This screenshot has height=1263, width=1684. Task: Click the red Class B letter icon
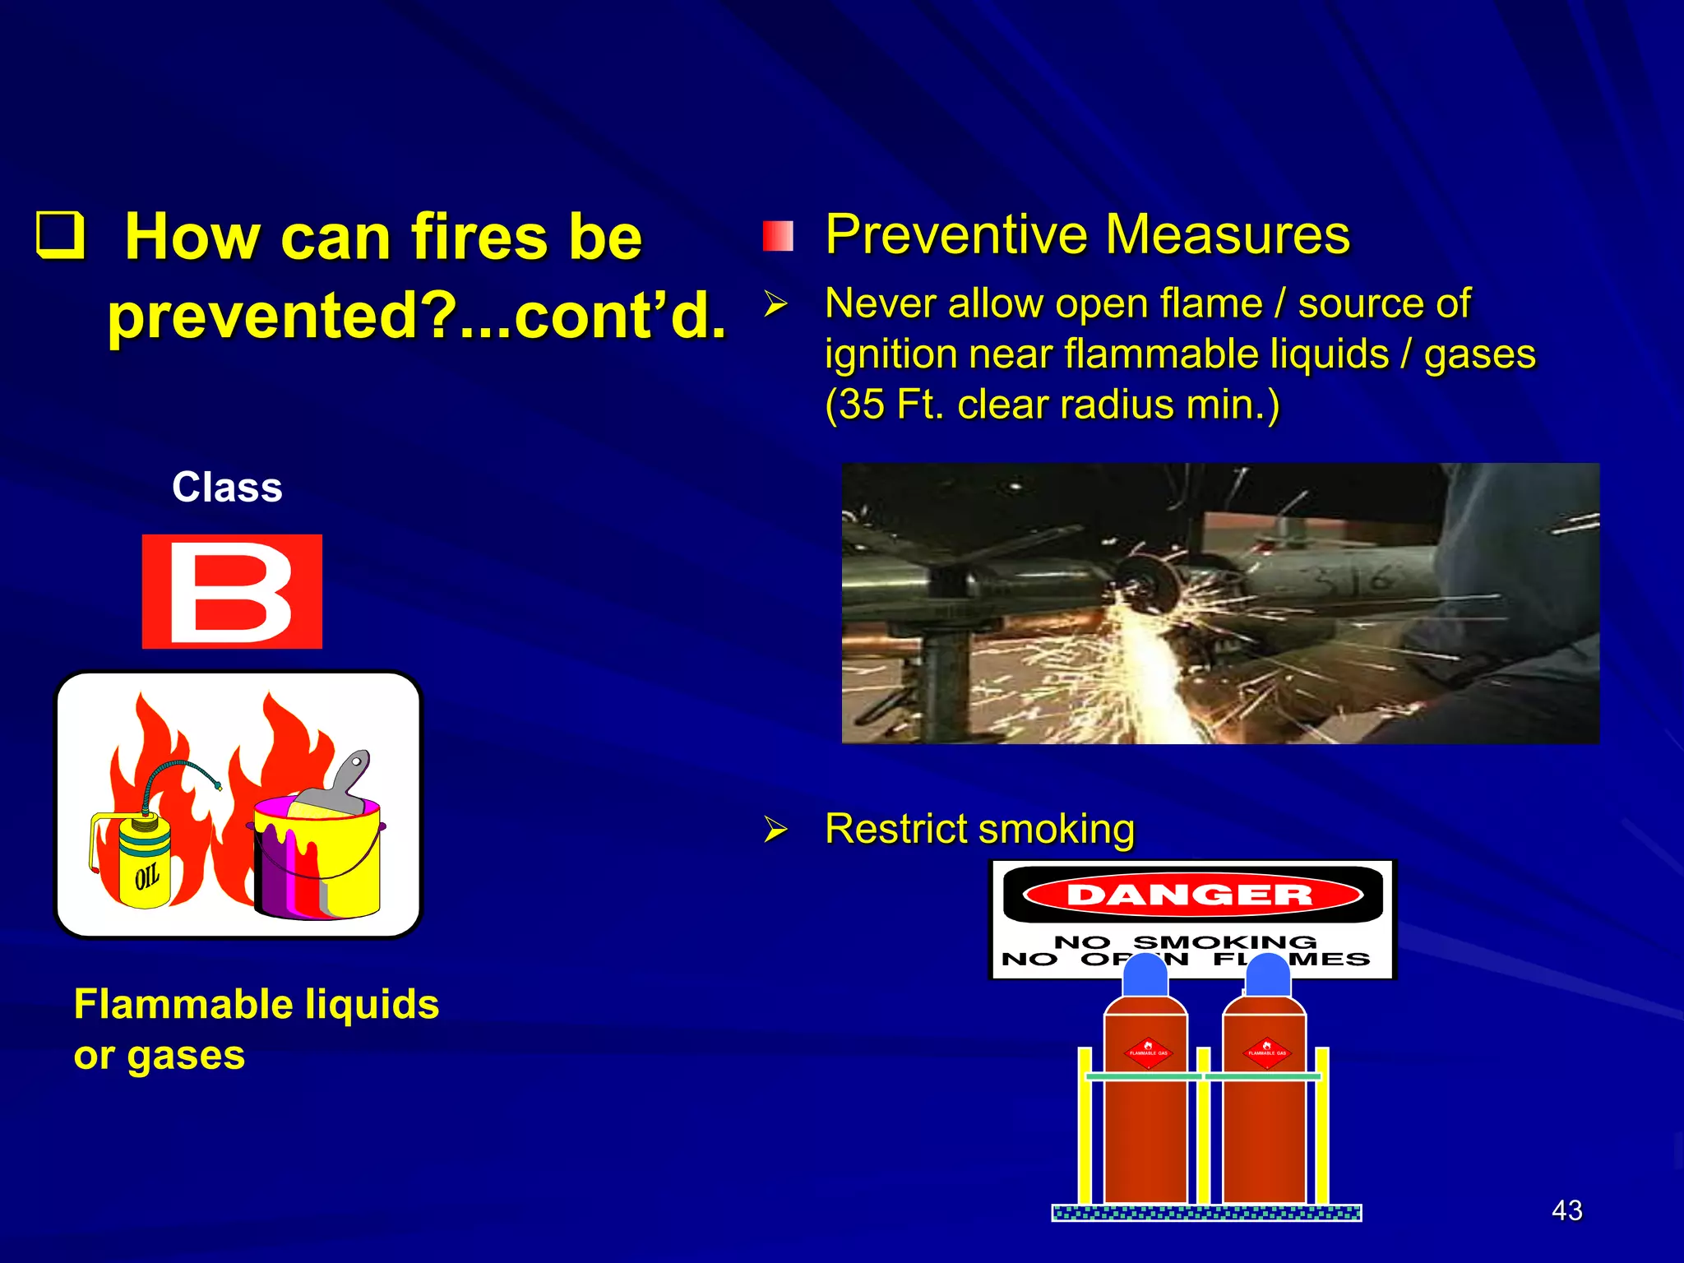232,591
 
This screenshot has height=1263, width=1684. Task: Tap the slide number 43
1566,1210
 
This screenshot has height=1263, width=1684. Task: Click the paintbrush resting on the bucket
337,785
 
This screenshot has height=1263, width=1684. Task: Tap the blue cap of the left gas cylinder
1145,975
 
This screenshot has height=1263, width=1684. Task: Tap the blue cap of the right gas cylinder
1267,975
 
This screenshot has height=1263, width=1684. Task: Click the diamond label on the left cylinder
1148,1052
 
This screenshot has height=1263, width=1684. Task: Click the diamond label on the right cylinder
1267,1052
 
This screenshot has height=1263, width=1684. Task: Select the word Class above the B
227,488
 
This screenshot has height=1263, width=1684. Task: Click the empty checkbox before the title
61,235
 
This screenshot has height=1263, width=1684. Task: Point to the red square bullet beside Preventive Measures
777,236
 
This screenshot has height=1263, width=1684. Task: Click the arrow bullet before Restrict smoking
775,829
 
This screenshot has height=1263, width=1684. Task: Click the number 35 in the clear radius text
863,405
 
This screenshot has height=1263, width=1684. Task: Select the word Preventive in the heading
956,235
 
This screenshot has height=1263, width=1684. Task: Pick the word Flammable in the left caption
184,1004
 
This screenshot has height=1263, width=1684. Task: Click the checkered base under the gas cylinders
1206,1213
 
